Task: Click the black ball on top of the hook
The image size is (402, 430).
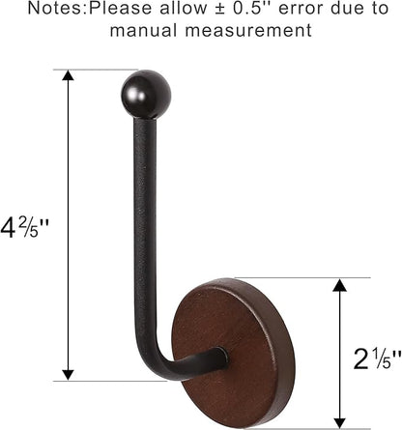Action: click(x=148, y=94)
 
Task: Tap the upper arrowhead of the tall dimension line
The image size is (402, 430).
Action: click(x=68, y=77)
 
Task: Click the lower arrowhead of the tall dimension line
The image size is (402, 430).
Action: click(x=68, y=373)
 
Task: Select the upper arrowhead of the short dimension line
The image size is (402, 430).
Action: click(x=337, y=286)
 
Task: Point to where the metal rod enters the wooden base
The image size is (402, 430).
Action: click(x=220, y=358)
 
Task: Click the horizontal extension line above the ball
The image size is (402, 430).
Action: click(x=97, y=70)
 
